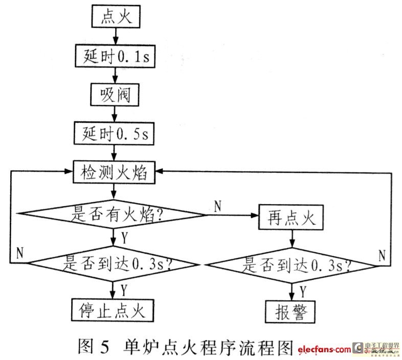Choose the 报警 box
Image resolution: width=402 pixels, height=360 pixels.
click(292, 311)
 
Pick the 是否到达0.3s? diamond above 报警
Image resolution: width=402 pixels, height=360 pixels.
click(292, 265)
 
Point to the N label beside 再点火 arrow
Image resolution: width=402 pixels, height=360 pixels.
click(217, 207)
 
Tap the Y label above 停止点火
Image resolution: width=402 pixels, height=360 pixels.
click(124, 289)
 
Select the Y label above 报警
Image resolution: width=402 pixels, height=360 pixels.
click(302, 291)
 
